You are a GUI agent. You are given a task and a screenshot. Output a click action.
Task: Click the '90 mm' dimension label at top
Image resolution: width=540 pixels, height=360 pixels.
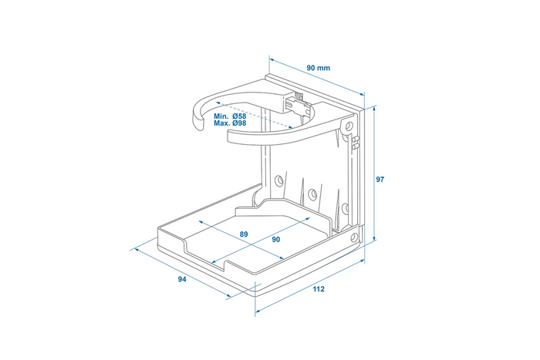point(318,68)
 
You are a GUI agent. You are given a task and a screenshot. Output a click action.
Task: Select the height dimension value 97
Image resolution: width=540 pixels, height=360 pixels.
point(380,179)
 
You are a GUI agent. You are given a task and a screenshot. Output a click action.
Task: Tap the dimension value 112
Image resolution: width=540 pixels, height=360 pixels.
point(319,289)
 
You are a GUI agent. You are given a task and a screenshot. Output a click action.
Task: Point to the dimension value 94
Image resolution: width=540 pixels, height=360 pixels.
point(182,279)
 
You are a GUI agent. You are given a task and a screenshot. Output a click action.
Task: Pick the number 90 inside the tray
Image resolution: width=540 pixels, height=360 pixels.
point(276,239)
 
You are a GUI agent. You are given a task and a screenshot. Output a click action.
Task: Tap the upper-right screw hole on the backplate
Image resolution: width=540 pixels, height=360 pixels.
point(349,124)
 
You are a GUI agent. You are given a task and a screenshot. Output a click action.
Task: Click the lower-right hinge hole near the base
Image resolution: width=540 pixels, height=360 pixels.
point(354,237)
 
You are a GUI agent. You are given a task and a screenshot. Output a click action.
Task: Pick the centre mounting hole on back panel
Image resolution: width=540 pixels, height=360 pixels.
point(312,191)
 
